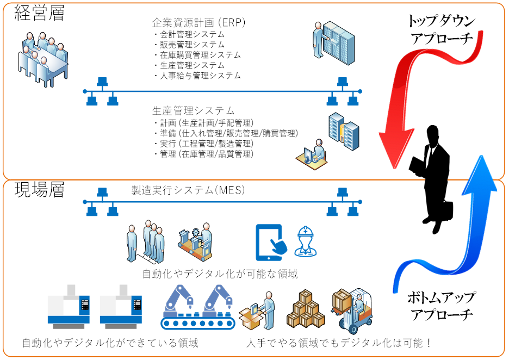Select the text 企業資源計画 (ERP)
[x=199, y=23]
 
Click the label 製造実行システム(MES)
[x=188, y=190]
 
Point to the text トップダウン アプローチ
[x=441, y=30]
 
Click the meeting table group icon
[x=44, y=57]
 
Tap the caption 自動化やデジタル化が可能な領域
[x=220, y=274]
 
